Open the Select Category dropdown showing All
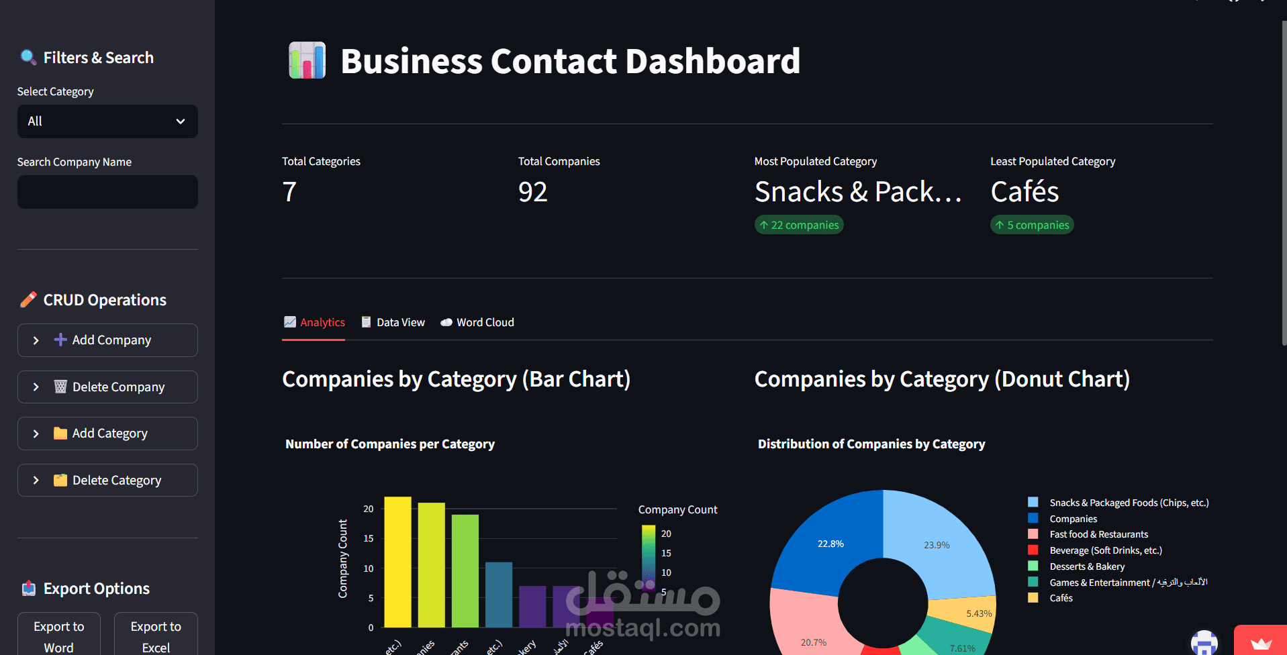(x=107, y=121)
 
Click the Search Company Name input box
(x=107, y=192)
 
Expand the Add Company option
(x=107, y=340)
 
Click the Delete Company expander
(x=107, y=387)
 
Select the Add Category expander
(x=107, y=434)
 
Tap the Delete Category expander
(x=107, y=481)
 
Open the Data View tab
(x=393, y=322)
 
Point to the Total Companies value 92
(x=533, y=192)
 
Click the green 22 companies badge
(x=799, y=225)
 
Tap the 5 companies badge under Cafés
(x=1032, y=225)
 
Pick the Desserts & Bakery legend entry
(x=1087, y=566)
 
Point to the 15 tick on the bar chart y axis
(x=369, y=538)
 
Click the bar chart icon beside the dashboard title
(x=307, y=60)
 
